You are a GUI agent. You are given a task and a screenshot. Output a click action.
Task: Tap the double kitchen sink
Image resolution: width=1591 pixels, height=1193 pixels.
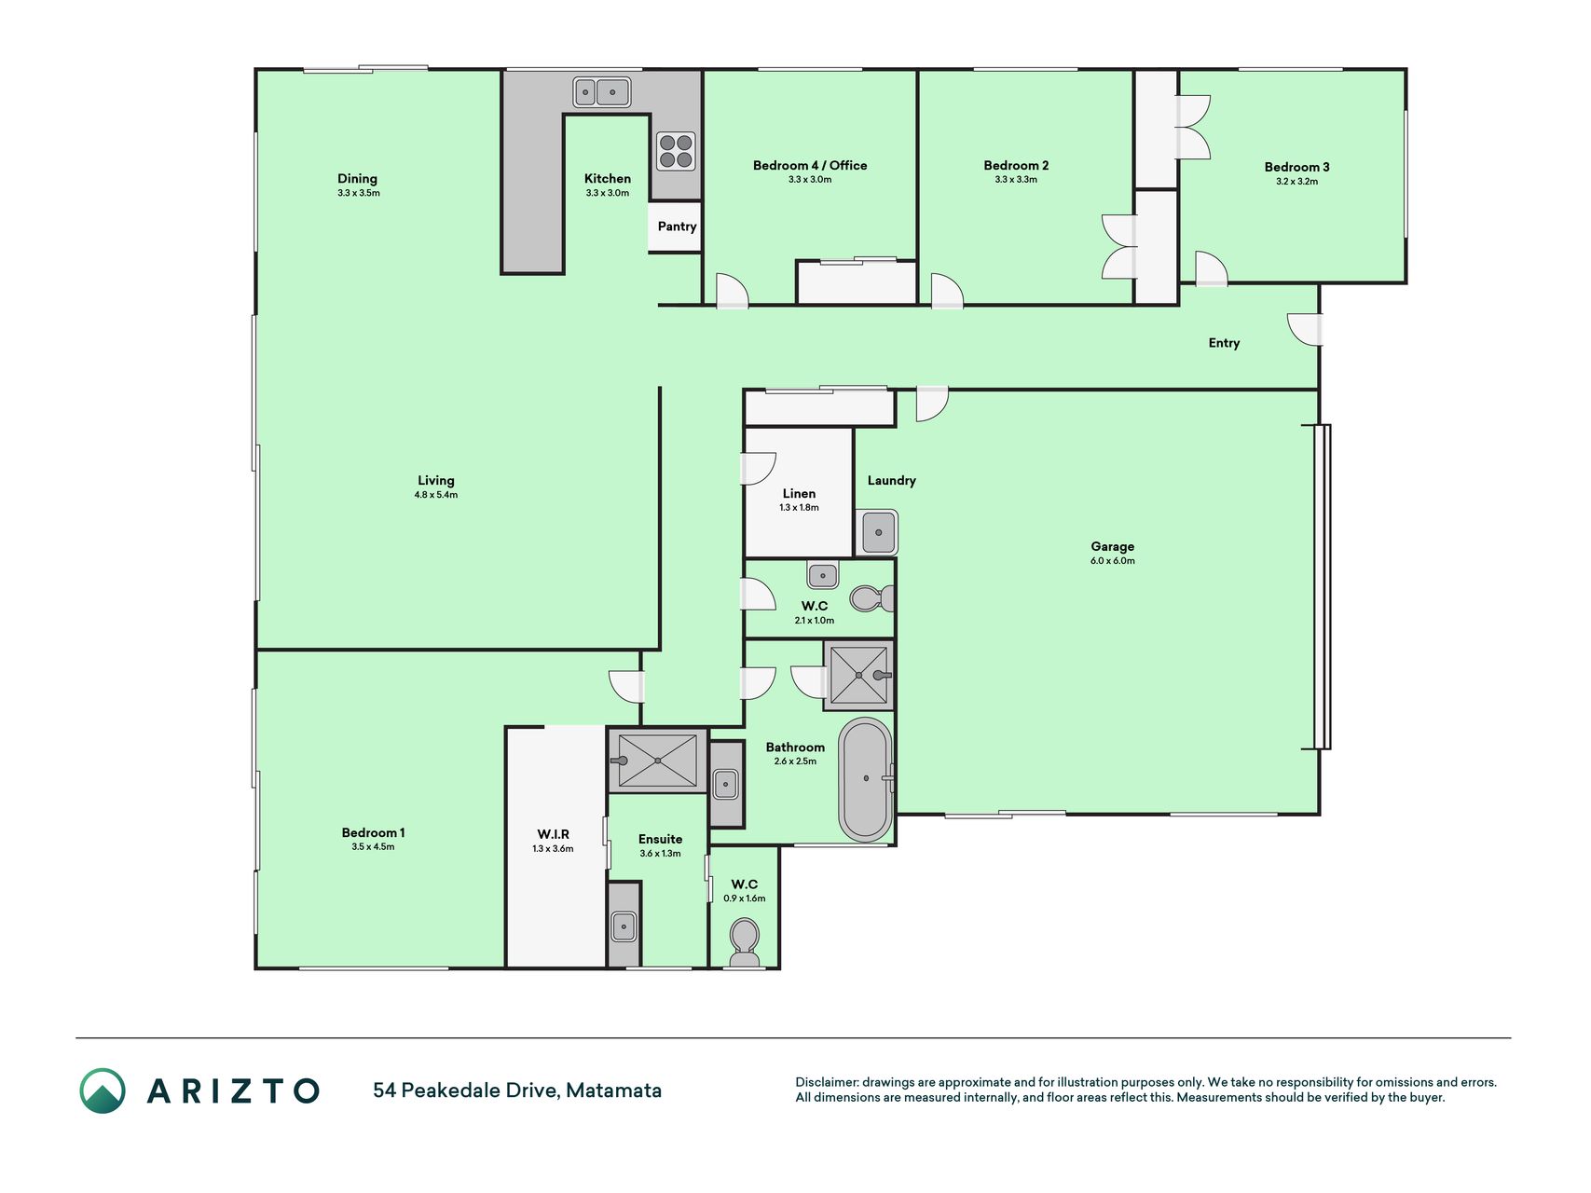coord(601,92)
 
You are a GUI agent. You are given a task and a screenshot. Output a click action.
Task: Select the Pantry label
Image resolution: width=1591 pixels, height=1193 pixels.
coord(677,226)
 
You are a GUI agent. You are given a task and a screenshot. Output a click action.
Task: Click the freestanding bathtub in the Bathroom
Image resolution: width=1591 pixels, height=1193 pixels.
coord(866,779)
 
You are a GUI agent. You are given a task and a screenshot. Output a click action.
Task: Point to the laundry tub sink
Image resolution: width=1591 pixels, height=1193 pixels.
coord(877,532)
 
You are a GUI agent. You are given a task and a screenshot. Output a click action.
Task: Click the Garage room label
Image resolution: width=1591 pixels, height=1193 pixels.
coord(1113,546)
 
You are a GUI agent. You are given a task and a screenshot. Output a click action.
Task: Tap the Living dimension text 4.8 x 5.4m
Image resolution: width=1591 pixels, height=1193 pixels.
coord(436,495)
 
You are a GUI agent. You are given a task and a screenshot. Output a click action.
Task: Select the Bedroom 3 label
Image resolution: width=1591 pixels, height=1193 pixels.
coord(1297,167)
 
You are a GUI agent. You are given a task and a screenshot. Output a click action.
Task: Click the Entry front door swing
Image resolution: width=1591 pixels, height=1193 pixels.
coord(1305,329)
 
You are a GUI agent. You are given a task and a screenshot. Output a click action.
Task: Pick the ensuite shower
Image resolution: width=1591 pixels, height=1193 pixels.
coord(657,761)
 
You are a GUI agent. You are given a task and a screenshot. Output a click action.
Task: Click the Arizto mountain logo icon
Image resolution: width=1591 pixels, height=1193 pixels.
coord(103,1090)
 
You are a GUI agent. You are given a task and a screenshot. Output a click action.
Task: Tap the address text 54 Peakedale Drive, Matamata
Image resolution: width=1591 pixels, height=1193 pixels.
coord(517,1090)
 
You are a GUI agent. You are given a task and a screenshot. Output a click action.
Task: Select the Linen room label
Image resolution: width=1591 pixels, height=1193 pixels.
coord(800,494)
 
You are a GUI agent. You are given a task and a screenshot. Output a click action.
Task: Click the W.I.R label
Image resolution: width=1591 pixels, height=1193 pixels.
coord(554,834)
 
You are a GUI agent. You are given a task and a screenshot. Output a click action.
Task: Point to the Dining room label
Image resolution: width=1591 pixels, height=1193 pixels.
coord(358,178)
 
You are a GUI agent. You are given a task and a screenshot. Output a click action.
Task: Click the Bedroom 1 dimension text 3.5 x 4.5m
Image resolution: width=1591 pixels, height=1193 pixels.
coord(373,847)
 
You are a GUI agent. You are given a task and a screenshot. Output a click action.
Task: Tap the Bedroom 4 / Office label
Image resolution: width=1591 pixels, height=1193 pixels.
coord(810,165)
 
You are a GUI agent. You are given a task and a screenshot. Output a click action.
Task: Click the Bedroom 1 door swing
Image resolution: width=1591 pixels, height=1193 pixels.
coord(626,686)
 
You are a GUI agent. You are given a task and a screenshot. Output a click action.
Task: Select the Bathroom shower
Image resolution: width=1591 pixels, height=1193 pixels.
coord(858,675)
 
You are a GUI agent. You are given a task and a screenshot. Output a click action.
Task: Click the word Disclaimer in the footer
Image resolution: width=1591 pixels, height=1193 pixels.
coord(826,1082)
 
